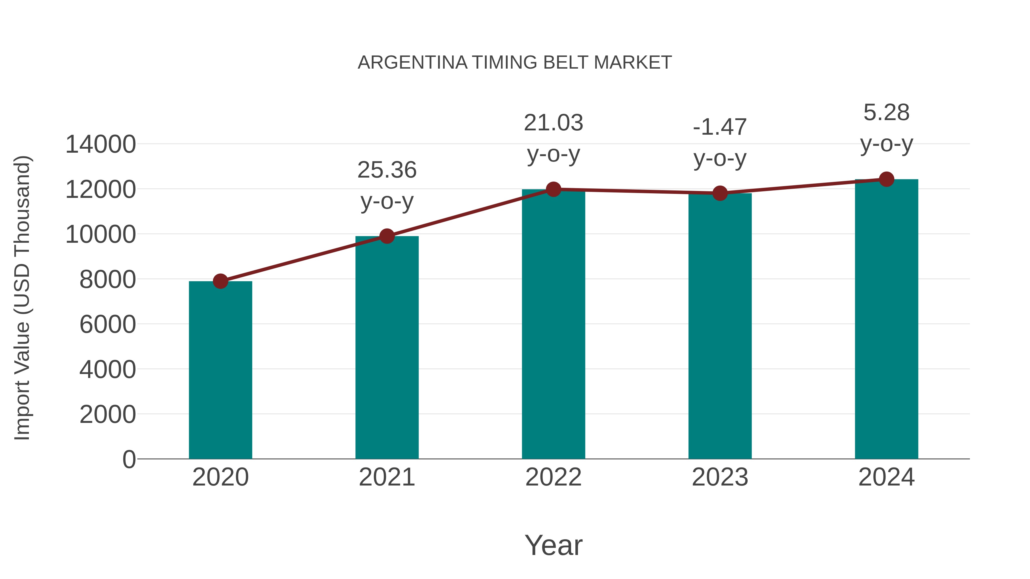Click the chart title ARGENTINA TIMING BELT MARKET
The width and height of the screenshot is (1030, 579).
pyautogui.click(x=515, y=63)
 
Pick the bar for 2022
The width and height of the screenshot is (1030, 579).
pyautogui.click(x=553, y=324)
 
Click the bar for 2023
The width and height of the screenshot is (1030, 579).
pyautogui.click(x=720, y=326)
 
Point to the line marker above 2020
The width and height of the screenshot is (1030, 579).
pyautogui.click(x=220, y=281)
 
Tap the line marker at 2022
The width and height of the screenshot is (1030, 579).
pyautogui.click(x=553, y=189)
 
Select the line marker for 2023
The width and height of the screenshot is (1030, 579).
pyautogui.click(x=720, y=193)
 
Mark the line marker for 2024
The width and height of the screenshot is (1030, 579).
pyautogui.click(x=886, y=179)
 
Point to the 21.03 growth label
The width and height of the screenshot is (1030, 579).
pyautogui.click(x=553, y=123)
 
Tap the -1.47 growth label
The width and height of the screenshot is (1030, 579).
pyautogui.click(x=720, y=128)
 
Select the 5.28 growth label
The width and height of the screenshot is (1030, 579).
pyautogui.click(x=886, y=113)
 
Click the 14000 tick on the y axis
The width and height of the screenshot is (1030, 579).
pyautogui.click(x=100, y=144)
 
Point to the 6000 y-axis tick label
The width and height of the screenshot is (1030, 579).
pyautogui.click(x=108, y=325)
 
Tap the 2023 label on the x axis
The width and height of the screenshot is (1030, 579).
pyautogui.click(x=720, y=477)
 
